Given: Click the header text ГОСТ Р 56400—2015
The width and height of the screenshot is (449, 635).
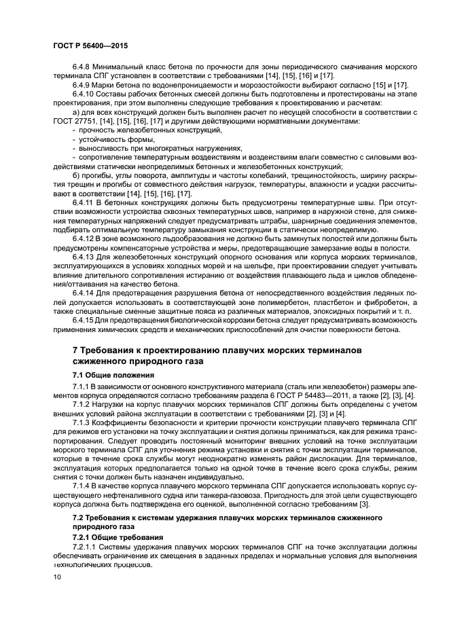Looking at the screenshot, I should pyautogui.click(x=90, y=45).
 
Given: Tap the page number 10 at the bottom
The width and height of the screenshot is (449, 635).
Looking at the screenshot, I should pyautogui.click(x=56, y=577).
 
